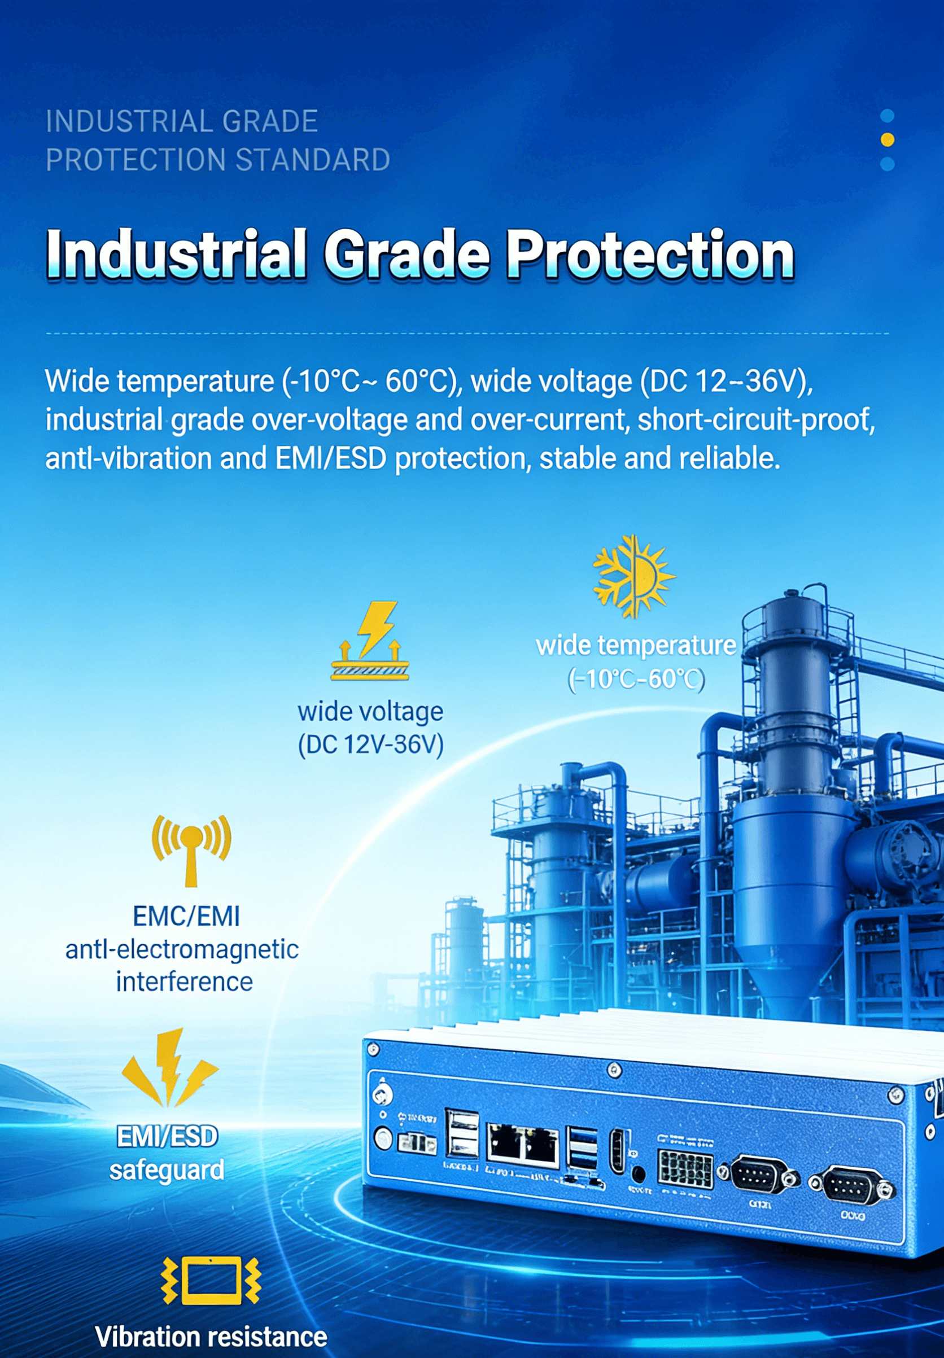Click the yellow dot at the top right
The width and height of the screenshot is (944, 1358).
tap(887, 139)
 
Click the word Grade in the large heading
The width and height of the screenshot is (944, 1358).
tap(407, 254)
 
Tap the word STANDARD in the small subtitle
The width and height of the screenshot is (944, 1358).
tap(313, 160)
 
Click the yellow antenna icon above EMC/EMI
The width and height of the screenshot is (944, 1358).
tap(191, 849)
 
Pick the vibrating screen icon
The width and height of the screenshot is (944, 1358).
tap(211, 1280)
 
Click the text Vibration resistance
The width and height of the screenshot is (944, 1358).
tap(211, 1337)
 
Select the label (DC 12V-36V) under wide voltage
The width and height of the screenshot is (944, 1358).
tap(371, 744)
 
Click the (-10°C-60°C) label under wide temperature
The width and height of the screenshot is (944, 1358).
tap(636, 680)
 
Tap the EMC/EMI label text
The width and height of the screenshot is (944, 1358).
tap(186, 917)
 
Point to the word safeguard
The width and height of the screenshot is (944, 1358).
tap(167, 1170)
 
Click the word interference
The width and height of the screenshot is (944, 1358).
tap(184, 982)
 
